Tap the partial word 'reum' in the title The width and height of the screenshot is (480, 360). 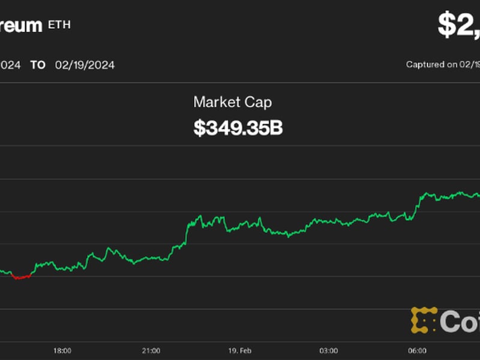[21, 25]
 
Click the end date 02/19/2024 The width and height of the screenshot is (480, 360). [85, 65]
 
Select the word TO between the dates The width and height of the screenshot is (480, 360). [38, 65]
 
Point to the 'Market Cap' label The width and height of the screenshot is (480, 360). [232, 102]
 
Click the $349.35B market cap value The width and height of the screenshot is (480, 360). [238, 128]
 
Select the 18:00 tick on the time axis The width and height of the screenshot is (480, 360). [62, 350]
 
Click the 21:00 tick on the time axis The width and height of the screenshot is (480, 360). [151, 350]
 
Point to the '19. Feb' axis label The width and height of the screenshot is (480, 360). [239, 350]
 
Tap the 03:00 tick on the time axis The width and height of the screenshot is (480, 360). [328, 350]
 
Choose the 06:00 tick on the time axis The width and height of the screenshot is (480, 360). [417, 350]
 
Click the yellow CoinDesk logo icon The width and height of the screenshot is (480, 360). [423, 320]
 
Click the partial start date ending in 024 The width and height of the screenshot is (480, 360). [10, 65]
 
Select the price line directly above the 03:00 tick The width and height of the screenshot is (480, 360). [328, 221]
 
